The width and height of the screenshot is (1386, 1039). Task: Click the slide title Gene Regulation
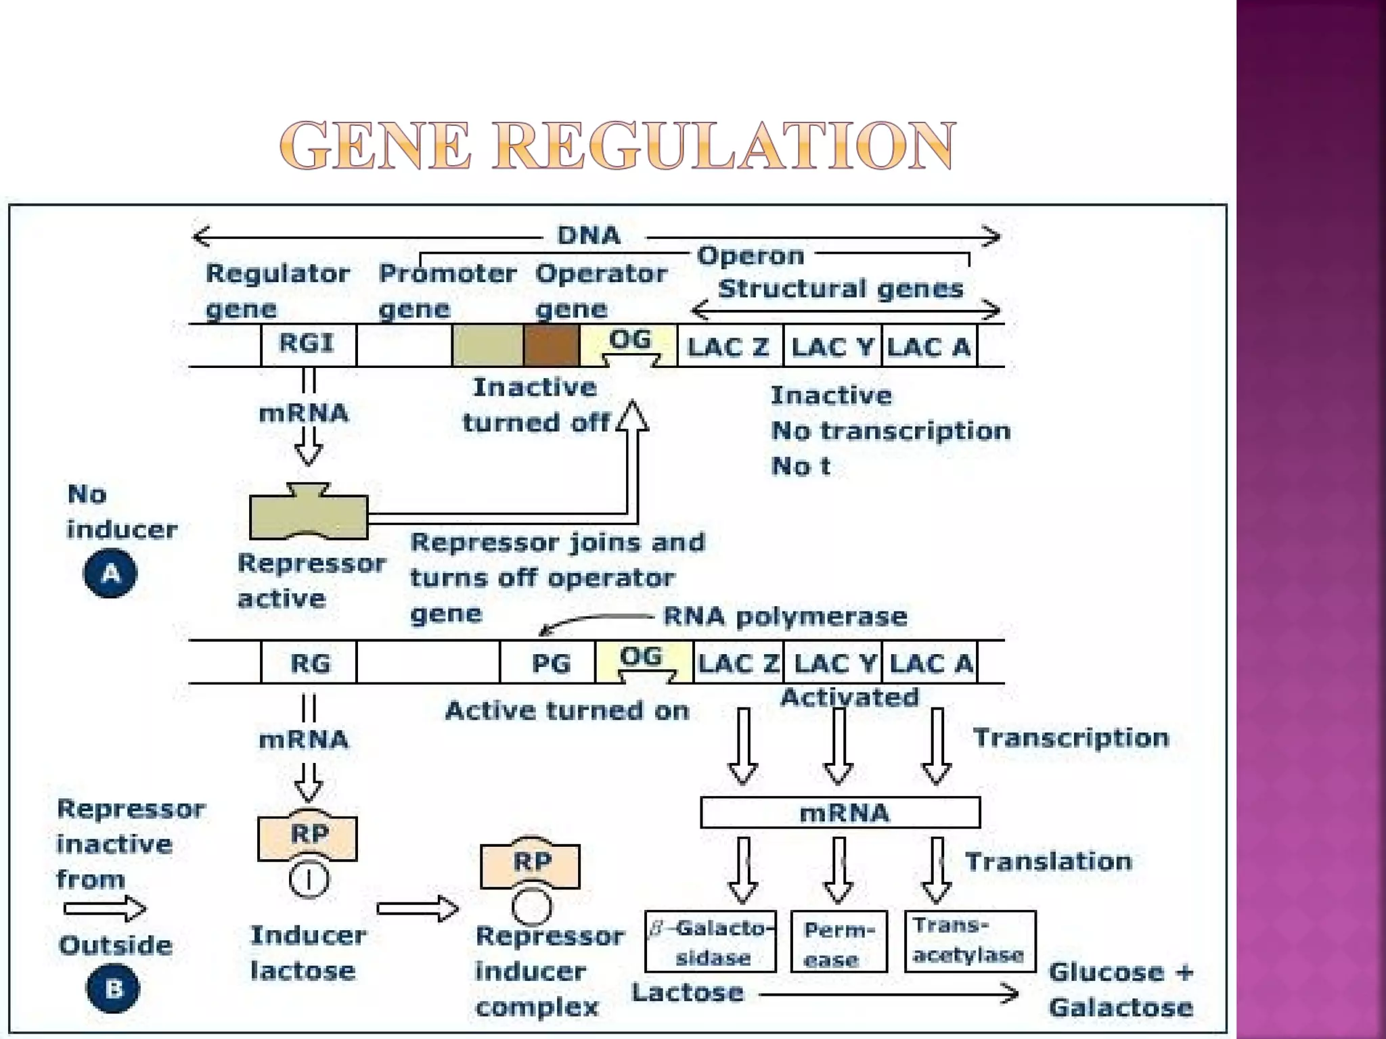[617, 145]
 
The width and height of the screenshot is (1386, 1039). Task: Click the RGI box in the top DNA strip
[308, 344]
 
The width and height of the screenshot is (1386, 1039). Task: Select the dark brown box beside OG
[552, 345]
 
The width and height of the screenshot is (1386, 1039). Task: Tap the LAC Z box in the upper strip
[730, 346]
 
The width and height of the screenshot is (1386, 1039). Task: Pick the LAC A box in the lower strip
[931, 663]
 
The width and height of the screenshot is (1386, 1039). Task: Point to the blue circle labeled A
[110, 574]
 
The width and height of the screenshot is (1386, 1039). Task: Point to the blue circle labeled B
[112, 988]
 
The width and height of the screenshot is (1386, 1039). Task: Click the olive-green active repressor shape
[309, 515]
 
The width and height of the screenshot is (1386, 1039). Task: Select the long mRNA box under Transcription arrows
[840, 812]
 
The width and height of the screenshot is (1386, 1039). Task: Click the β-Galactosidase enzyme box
[711, 942]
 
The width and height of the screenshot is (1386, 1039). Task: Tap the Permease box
[839, 942]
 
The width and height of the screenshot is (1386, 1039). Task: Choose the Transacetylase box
[969, 941]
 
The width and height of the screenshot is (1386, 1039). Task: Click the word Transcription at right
[1071, 737]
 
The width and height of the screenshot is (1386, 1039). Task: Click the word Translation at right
[1048, 861]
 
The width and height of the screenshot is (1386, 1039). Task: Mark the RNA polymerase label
[785, 616]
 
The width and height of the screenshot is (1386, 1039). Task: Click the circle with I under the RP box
[309, 879]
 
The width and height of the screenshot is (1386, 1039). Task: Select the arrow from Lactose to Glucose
[888, 994]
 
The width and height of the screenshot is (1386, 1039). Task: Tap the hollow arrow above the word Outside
[105, 908]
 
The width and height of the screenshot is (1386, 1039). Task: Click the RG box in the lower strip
[309, 663]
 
